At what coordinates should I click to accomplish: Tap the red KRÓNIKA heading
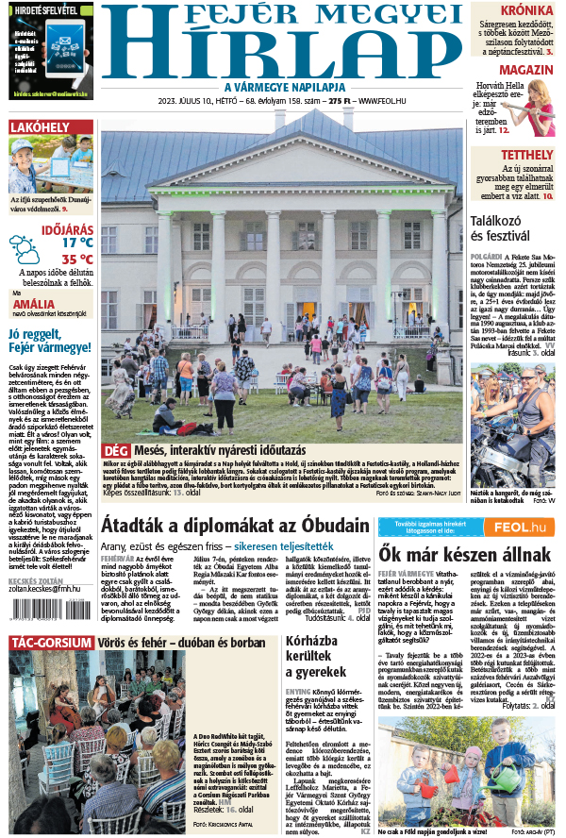tap(526, 10)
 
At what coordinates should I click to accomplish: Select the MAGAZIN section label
tap(525, 71)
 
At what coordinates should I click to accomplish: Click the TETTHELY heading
tap(526, 155)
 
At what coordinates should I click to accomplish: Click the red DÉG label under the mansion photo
tap(115, 451)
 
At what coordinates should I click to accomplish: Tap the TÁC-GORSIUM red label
tap(51, 644)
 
